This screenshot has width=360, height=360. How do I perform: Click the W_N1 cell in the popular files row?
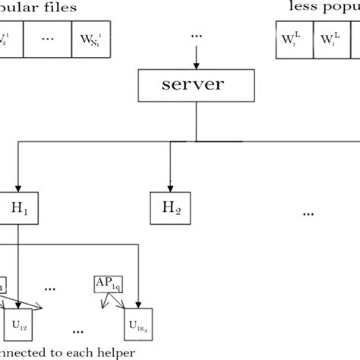tap(89, 37)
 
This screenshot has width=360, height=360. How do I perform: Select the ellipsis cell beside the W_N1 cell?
tap(49, 37)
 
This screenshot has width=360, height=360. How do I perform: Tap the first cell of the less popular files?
tap(289, 38)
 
